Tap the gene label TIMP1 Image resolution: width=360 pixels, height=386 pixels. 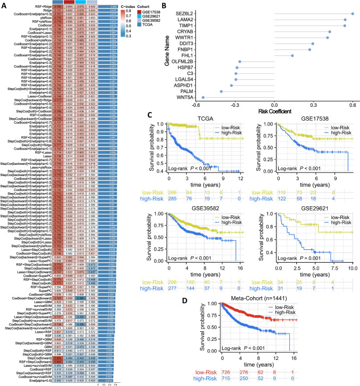186,26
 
